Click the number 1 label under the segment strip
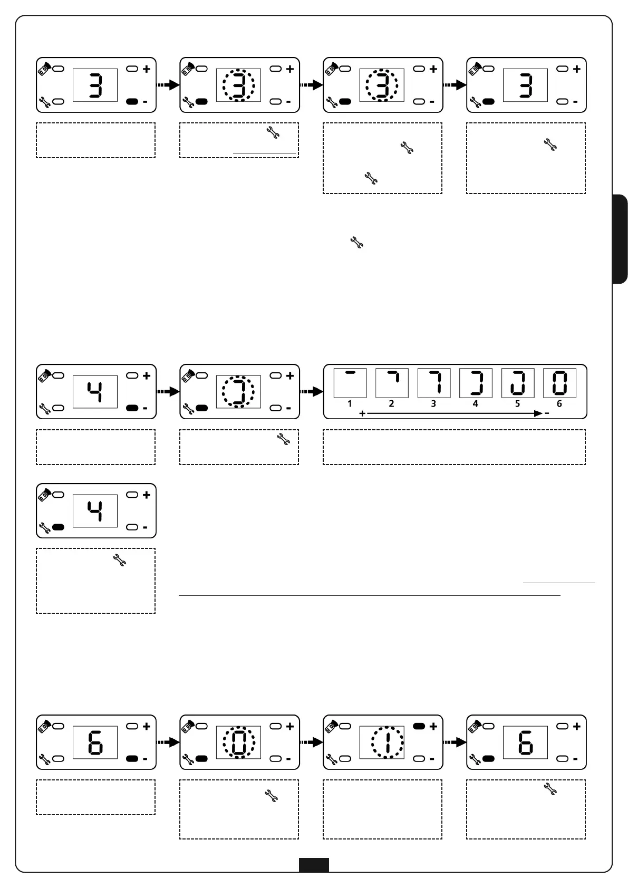[350, 404]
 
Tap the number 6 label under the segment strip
[559, 404]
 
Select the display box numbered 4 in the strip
[476, 383]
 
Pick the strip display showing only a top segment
[350, 383]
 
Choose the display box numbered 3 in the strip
[433, 383]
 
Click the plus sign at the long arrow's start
[362, 414]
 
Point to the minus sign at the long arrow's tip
[547, 414]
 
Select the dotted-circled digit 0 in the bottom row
[239, 742]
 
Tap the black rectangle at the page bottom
[314, 865]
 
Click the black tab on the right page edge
[620, 239]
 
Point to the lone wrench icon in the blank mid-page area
[357, 243]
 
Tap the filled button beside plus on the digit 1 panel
[419, 726]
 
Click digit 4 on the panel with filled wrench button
[95, 511]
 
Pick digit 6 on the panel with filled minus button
[95, 742]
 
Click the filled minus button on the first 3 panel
[132, 101]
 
